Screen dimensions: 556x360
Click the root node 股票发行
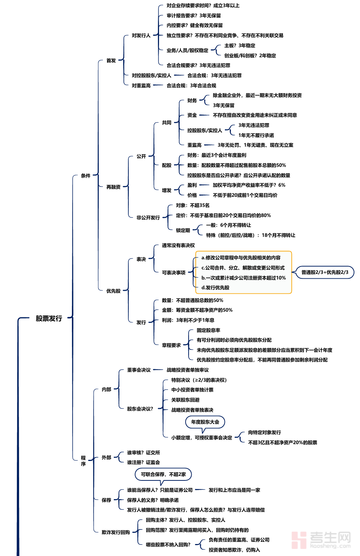(49, 318)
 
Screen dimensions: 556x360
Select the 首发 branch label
(111, 61)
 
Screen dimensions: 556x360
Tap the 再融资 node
(113, 187)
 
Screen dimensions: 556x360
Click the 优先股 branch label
(113, 291)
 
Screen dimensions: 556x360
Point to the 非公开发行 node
(148, 218)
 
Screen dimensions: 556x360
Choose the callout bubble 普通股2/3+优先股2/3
(325, 272)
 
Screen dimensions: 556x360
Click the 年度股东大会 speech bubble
(205, 422)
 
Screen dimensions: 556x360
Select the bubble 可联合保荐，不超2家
(163, 474)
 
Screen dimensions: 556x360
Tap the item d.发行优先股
(215, 288)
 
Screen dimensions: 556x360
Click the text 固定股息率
(208, 330)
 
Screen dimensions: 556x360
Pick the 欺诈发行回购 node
(116, 532)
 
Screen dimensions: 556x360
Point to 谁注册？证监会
(143, 462)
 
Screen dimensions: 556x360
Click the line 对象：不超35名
(193, 205)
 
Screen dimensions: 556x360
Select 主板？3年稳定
(240, 46)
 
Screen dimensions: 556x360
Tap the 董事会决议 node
(139, 370)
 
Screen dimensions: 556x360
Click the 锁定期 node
(183, 230)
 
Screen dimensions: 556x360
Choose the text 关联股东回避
(185, 400)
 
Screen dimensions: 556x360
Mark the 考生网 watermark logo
(321, 540)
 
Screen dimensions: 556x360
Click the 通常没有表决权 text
(178, 245)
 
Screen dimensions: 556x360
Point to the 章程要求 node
(171, 345)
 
